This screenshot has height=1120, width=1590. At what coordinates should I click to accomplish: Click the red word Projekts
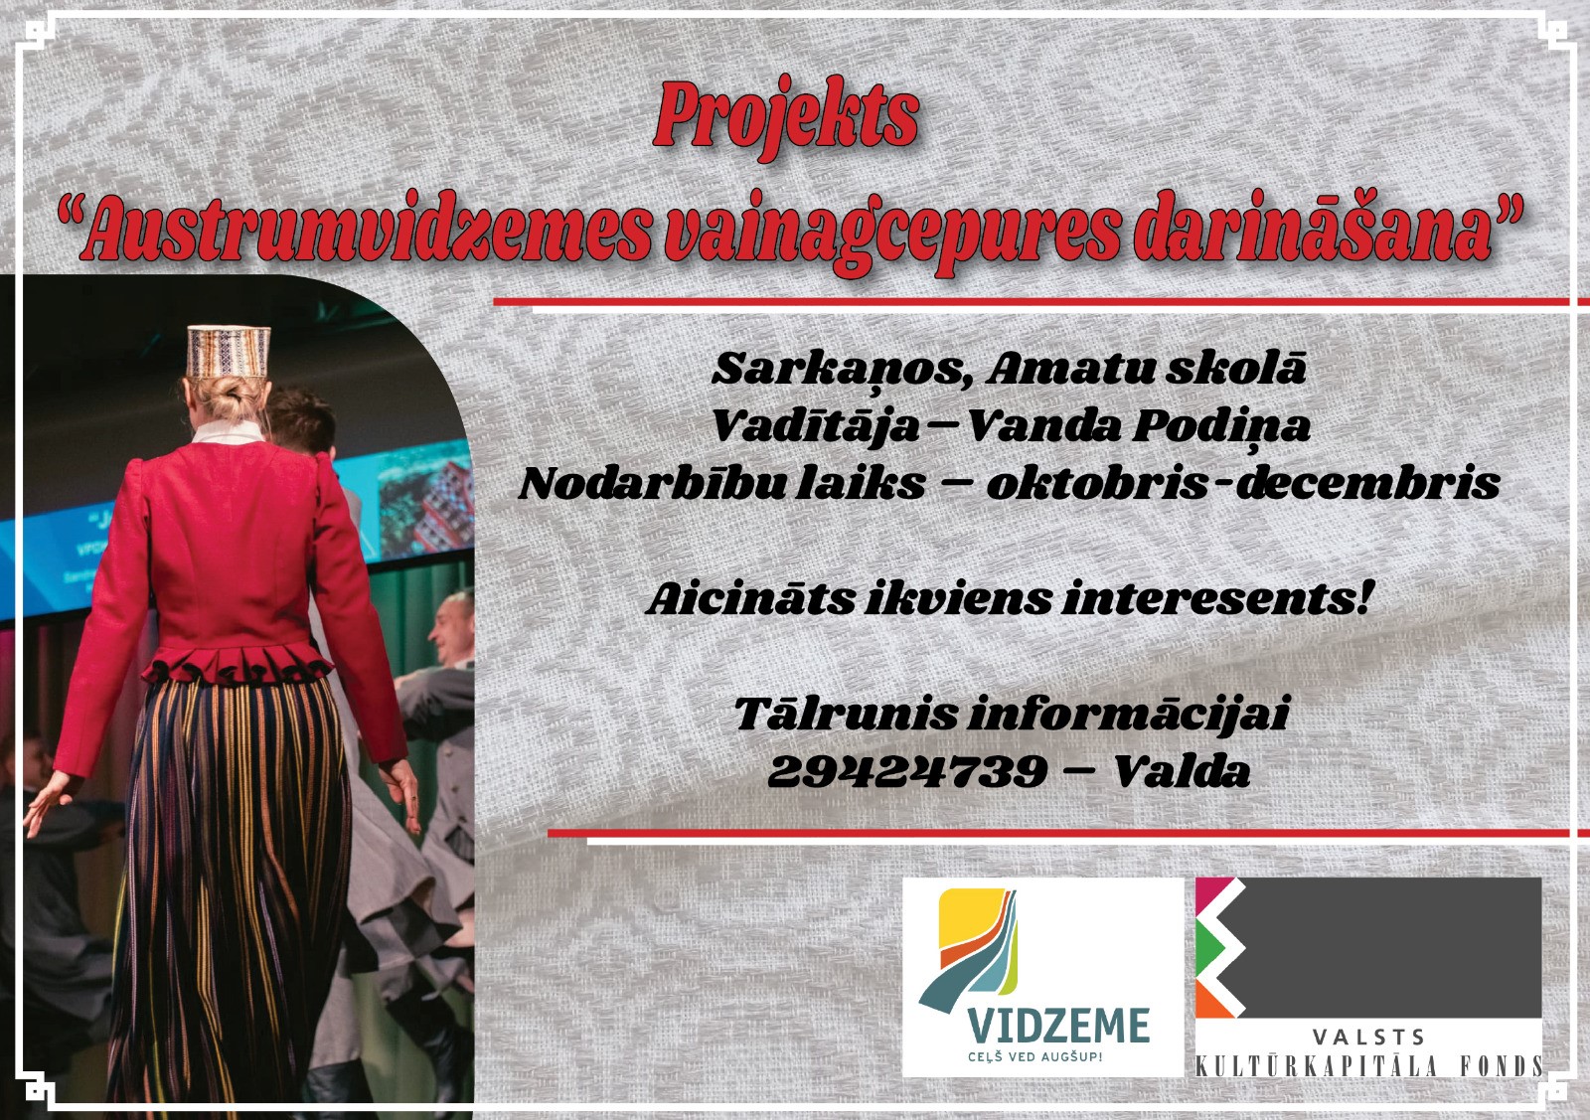[786, 119]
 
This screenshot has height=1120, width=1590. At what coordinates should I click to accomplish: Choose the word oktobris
[1097, 483]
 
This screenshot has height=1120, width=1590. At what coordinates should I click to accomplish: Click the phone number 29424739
[908, 771]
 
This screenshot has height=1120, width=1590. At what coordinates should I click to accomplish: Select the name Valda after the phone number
[1182, 770]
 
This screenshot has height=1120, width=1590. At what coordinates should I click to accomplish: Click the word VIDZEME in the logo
[1058, 1025]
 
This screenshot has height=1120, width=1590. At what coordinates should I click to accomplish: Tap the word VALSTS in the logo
[1367, 1038]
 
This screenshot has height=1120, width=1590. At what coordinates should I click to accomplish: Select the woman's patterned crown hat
[229, 352]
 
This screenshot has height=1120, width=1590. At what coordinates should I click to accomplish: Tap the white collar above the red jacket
[229, 431]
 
